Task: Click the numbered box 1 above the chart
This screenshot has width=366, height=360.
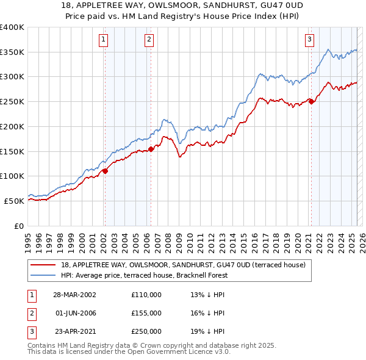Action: (x=104, y=40)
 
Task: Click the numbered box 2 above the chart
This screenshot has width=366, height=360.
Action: (x=149, y=40)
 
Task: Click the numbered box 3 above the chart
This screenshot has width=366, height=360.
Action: (x=309, y=40)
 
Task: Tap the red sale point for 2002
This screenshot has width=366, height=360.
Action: (x=105, y=171)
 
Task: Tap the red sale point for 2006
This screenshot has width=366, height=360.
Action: (x=151, y=149)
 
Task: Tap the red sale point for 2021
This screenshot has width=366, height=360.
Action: (x=311, y=101)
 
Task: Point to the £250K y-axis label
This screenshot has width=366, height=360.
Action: (x=12, y=101)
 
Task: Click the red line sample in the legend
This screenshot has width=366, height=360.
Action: (x=43, y=264)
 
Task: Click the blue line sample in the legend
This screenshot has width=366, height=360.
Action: (x=43, y=275)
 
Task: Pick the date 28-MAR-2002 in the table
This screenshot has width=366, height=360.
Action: (x=74, y=294)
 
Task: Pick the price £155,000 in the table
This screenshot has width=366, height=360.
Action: (x=146, y=313)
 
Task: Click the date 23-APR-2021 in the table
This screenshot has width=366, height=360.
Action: (x=74, y=332)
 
